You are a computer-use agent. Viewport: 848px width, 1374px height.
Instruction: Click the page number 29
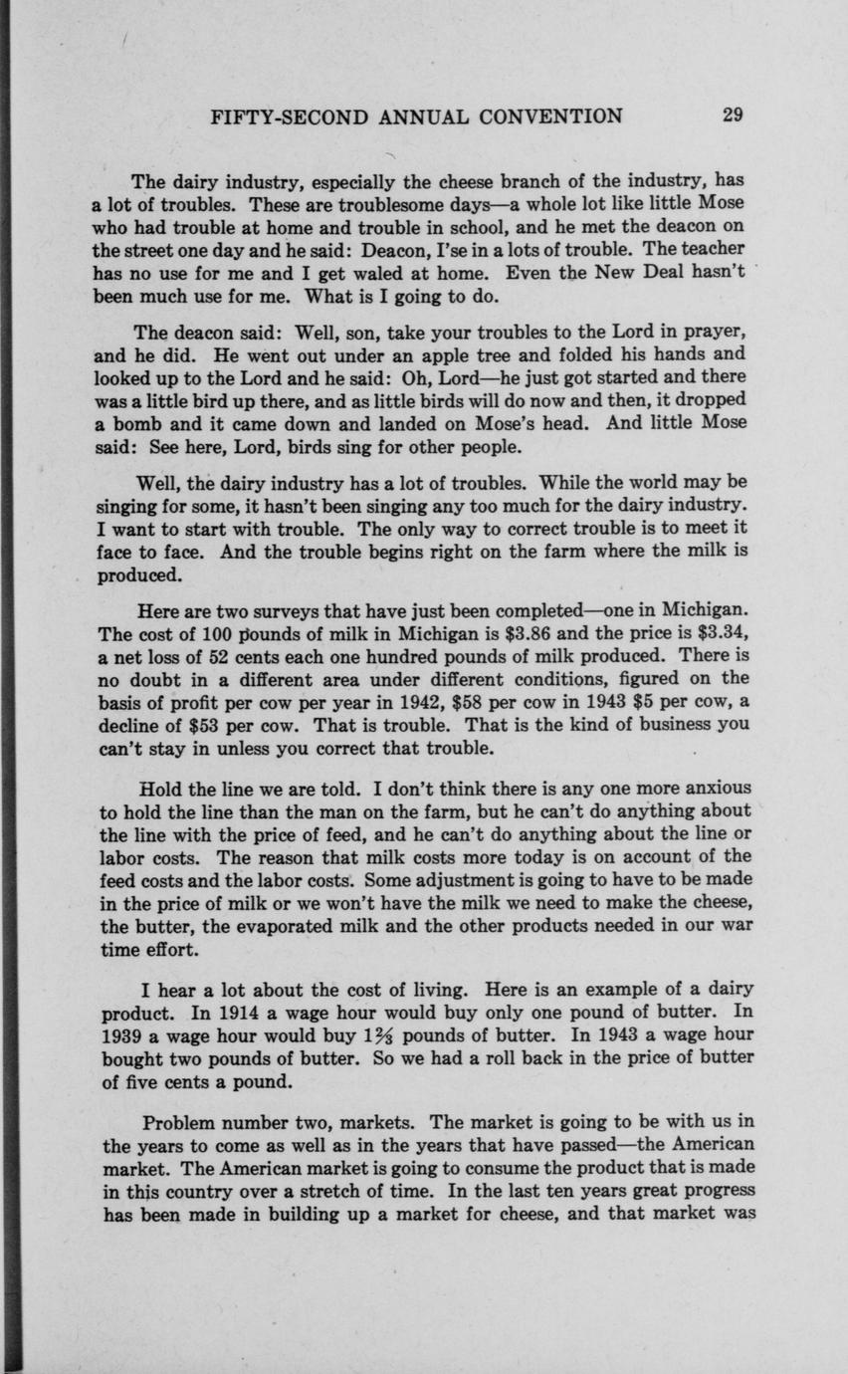pos(733,114)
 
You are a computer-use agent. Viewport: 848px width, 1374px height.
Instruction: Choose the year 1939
pos(124,1035)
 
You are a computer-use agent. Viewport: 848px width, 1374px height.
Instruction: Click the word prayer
pos(715,332)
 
